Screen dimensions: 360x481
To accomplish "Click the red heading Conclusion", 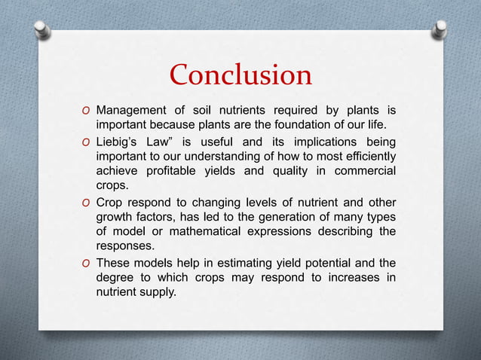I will coord(240,75).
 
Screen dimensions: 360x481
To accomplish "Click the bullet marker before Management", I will coord(84,111).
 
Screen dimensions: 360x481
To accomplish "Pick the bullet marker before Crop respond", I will coord(84,202).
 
